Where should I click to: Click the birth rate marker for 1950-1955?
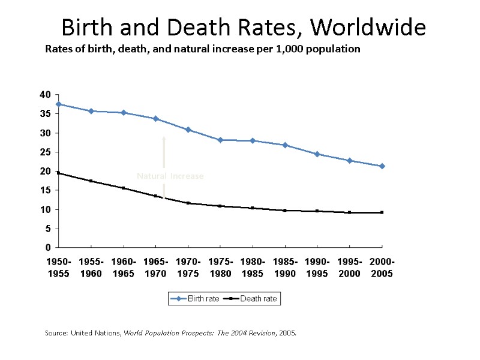click(x=58, y=104)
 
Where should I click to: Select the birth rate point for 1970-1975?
click(x=188, y=130)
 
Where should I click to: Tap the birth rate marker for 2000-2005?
click(x=382, y=166)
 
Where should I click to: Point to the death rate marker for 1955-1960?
click(x=91, y=181)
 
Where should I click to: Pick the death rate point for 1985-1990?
click(x=285, y=211)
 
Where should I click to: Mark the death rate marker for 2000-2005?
click(x=382, y=212)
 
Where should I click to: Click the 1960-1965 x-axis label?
click(x=123, y=268)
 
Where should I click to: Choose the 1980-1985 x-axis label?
click(x=253, y=268)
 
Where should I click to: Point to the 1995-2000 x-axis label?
click(x=350, y=268)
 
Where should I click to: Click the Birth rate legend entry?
click(x=196, y=299)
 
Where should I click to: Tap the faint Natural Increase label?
click(x=170, y=176)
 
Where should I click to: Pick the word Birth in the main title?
click(x=85, y=28)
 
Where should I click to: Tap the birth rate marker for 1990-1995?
click(x=317, y=154)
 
